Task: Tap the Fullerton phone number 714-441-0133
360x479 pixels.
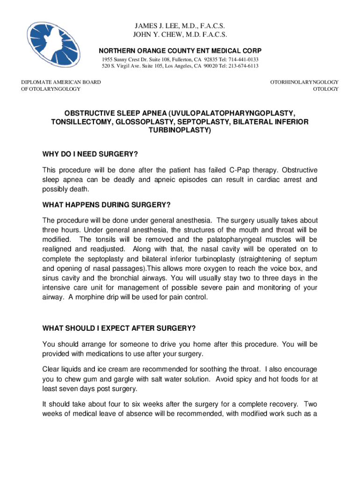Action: point(244,60)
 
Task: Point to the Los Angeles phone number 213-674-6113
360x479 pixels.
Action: point(243,66)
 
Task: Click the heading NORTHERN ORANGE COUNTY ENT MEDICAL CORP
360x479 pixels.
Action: point(180,51)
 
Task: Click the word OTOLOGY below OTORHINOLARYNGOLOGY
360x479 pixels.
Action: point(325,89)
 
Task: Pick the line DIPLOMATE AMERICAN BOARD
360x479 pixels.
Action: point(61,82)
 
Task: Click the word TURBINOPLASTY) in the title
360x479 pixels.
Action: point(180,131)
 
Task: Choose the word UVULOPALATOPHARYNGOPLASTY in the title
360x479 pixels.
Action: point(233,114)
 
